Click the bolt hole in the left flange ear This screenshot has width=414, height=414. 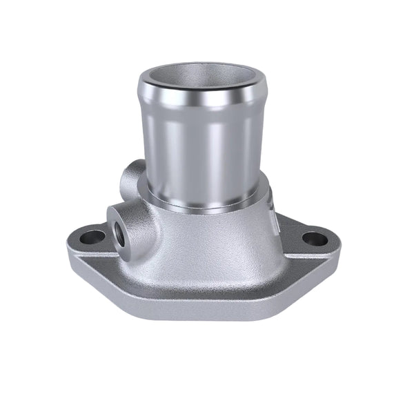(89, 239)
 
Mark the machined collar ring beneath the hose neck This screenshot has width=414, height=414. (207, 200)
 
